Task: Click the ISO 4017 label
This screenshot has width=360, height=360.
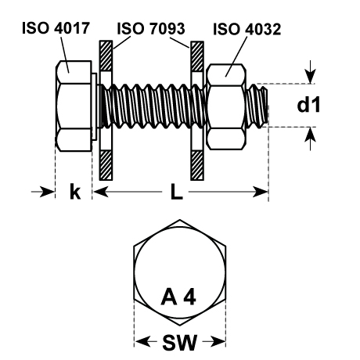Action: pos(56,28)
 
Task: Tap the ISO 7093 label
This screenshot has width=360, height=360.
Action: pos(151,28)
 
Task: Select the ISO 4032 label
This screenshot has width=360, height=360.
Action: pos(247,29)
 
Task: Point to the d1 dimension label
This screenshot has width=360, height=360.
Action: pos(308,106)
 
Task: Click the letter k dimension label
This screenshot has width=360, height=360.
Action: pos(75,192)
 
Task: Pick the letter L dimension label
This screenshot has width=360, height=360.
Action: pos(177,192)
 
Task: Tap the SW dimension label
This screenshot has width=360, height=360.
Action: pos(179,342)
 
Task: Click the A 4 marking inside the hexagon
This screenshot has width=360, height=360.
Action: pos(178,297)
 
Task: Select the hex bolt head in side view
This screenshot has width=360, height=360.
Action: pos(74,106)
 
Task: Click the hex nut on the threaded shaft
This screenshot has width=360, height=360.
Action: pos(226,106)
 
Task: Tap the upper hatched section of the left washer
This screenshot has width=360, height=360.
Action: pos(106,56)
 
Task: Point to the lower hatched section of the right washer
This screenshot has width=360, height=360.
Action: pos(197,165)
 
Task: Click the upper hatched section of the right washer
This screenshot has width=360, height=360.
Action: pos(197,56)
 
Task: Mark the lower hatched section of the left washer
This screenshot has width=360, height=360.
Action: pos(106,165)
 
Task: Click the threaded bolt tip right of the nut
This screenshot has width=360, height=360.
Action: pos(257,106)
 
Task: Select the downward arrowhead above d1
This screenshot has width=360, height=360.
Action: pos(311,77)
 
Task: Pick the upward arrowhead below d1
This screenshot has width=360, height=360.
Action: pos(311,135)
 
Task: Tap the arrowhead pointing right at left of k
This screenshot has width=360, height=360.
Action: pos(47,192)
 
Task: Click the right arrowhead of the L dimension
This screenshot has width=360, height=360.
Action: pos(261,193)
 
